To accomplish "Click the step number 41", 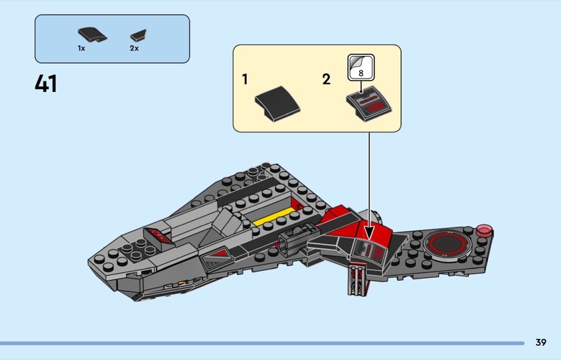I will tap(46, 84).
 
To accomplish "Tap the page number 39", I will tap(540, 342).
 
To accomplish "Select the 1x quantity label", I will tap(81, 48).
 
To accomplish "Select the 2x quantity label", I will tap(134, 48).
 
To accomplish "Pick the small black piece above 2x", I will tap(137, 34).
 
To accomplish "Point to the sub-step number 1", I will tap(245, 79).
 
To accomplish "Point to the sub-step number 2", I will tap(326, 79).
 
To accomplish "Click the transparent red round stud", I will tap(484, 229).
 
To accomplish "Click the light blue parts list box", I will tap(112, 39).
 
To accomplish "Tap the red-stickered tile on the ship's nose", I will tap(158, 234).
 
